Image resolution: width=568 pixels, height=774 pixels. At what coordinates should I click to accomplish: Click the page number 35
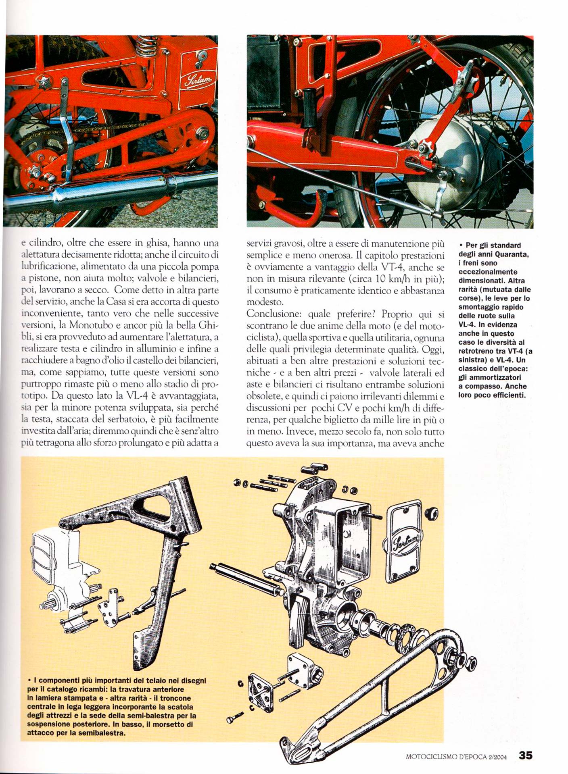(x=526, y=755)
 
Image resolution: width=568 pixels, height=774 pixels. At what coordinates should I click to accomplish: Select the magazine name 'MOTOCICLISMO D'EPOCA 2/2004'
(x=456, y=757)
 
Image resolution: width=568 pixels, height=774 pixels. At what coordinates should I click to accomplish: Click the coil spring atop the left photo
(x=146, y=46)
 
